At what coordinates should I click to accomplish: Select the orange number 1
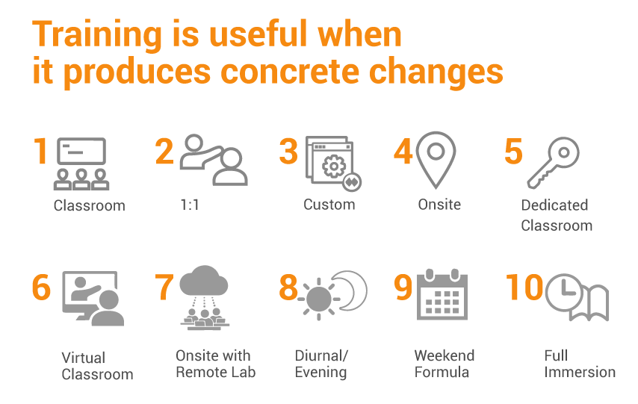(40, 151)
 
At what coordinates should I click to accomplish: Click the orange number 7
(164, 287)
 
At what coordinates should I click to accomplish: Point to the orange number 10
(524, 287)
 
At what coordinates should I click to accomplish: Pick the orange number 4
(403, 152)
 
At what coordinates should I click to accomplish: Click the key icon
(554, 163)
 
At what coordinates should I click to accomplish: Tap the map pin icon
(436, 160)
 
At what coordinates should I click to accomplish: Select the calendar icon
(442, 294)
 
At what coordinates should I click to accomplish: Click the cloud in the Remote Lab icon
(204, 281)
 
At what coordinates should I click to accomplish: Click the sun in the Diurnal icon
(318, 299)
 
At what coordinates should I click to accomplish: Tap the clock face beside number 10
(564, 292)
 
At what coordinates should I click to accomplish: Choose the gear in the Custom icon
(334, 166)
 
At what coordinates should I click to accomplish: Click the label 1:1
(190, 205)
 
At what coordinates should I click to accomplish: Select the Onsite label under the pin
(439, 204)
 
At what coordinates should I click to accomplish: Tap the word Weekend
(445, 355)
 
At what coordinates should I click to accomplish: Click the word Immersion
(580, 372)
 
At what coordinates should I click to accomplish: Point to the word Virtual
(84, 358)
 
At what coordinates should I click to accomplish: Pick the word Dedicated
(554, 205)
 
